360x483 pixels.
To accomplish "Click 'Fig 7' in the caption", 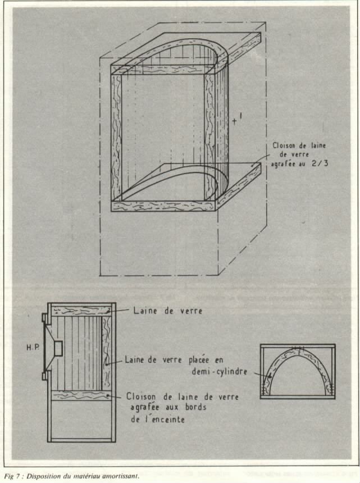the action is (x=12, y=476).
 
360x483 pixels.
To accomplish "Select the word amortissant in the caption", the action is (x=119, y=476).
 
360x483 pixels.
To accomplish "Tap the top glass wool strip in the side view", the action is (x=81, y=311).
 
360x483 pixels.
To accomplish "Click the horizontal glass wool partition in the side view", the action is (x=81, y=395).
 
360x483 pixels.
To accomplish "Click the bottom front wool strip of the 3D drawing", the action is (x=163, y=206).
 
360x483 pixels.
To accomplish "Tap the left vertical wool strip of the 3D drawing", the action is (x=116, y=135).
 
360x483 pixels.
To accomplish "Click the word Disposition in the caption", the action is (x=42, y=476).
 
